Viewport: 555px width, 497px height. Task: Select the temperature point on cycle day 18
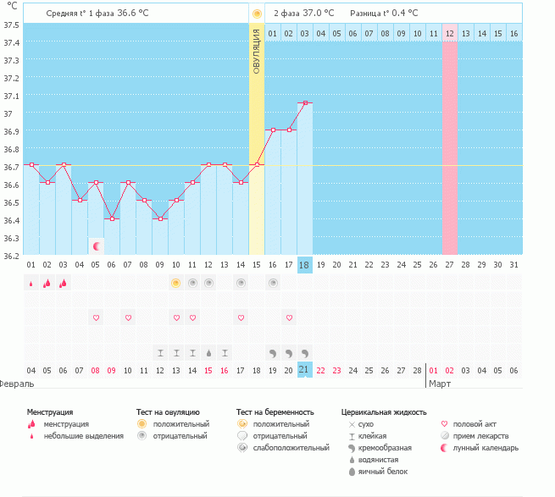305,102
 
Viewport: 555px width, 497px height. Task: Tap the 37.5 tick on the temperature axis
11,24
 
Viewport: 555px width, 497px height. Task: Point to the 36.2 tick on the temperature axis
11,255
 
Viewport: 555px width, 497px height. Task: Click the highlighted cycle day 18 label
305,265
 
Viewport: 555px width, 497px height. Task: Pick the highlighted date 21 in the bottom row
305,370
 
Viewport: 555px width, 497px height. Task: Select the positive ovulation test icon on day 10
176,283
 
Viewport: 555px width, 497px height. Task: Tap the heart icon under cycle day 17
289,318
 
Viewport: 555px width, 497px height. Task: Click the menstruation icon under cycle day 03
64,283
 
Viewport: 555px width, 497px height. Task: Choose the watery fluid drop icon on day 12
208,352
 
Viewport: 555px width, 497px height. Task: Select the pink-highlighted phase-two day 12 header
449,33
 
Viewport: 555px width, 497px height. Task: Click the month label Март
440,384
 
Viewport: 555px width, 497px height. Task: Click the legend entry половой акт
471,423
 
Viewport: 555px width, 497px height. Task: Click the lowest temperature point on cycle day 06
112,218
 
